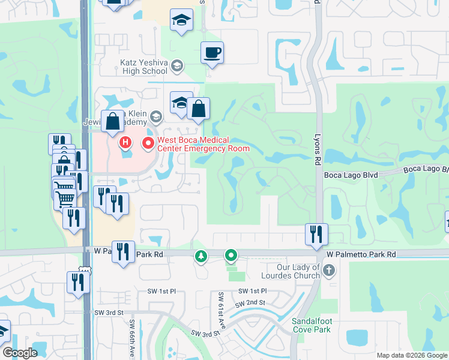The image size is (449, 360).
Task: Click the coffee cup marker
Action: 212,53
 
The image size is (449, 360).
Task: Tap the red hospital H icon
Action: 125,143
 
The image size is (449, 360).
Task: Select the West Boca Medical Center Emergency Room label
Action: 202,144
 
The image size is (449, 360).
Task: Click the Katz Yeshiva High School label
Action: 143,67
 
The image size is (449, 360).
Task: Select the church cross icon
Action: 328,271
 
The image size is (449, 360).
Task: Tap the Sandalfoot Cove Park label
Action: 312,325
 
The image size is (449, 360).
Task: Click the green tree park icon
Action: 200,257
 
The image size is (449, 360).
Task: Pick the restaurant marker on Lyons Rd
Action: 316,234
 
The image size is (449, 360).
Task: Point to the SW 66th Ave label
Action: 133,337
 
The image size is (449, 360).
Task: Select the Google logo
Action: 20,353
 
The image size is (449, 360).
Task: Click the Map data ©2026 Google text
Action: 411,355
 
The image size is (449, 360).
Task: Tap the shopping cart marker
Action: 65,197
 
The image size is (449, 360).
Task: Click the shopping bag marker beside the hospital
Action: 112,121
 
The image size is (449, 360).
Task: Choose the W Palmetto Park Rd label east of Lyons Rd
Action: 361,255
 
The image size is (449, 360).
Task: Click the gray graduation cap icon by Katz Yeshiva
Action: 176,65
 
